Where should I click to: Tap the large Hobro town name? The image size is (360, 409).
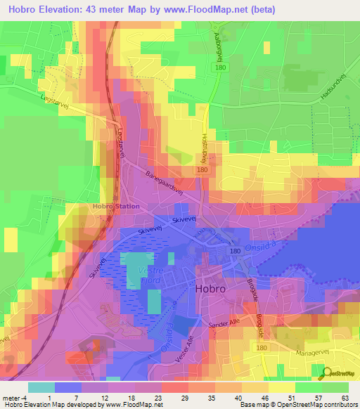click(214, 289)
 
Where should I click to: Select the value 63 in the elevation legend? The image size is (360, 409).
click(345, 398)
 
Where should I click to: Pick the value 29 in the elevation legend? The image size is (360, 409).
click(180, 398)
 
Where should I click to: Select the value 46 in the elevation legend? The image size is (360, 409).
click(262, 398)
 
